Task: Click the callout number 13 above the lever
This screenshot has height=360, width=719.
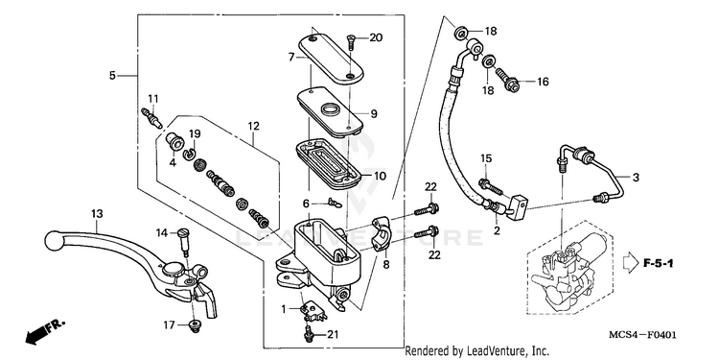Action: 97,214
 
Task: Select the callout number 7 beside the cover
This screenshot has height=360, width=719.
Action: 291,57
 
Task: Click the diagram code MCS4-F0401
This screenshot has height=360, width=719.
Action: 642,335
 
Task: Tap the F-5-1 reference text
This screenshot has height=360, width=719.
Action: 658,264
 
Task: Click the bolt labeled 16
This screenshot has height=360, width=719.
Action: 507,80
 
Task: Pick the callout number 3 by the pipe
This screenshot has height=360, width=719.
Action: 636,178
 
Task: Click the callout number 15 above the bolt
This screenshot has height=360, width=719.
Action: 486,158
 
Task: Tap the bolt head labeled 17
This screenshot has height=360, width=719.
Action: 195,325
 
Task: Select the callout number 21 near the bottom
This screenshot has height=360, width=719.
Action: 333,334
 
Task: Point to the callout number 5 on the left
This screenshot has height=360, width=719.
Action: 112,75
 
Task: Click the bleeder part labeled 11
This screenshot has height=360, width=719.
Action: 151,117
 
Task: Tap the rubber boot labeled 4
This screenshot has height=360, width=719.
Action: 175,141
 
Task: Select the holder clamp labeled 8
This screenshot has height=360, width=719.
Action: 381,233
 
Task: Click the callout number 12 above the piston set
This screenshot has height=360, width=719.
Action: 254,126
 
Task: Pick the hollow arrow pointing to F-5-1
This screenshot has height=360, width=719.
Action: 630,264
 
